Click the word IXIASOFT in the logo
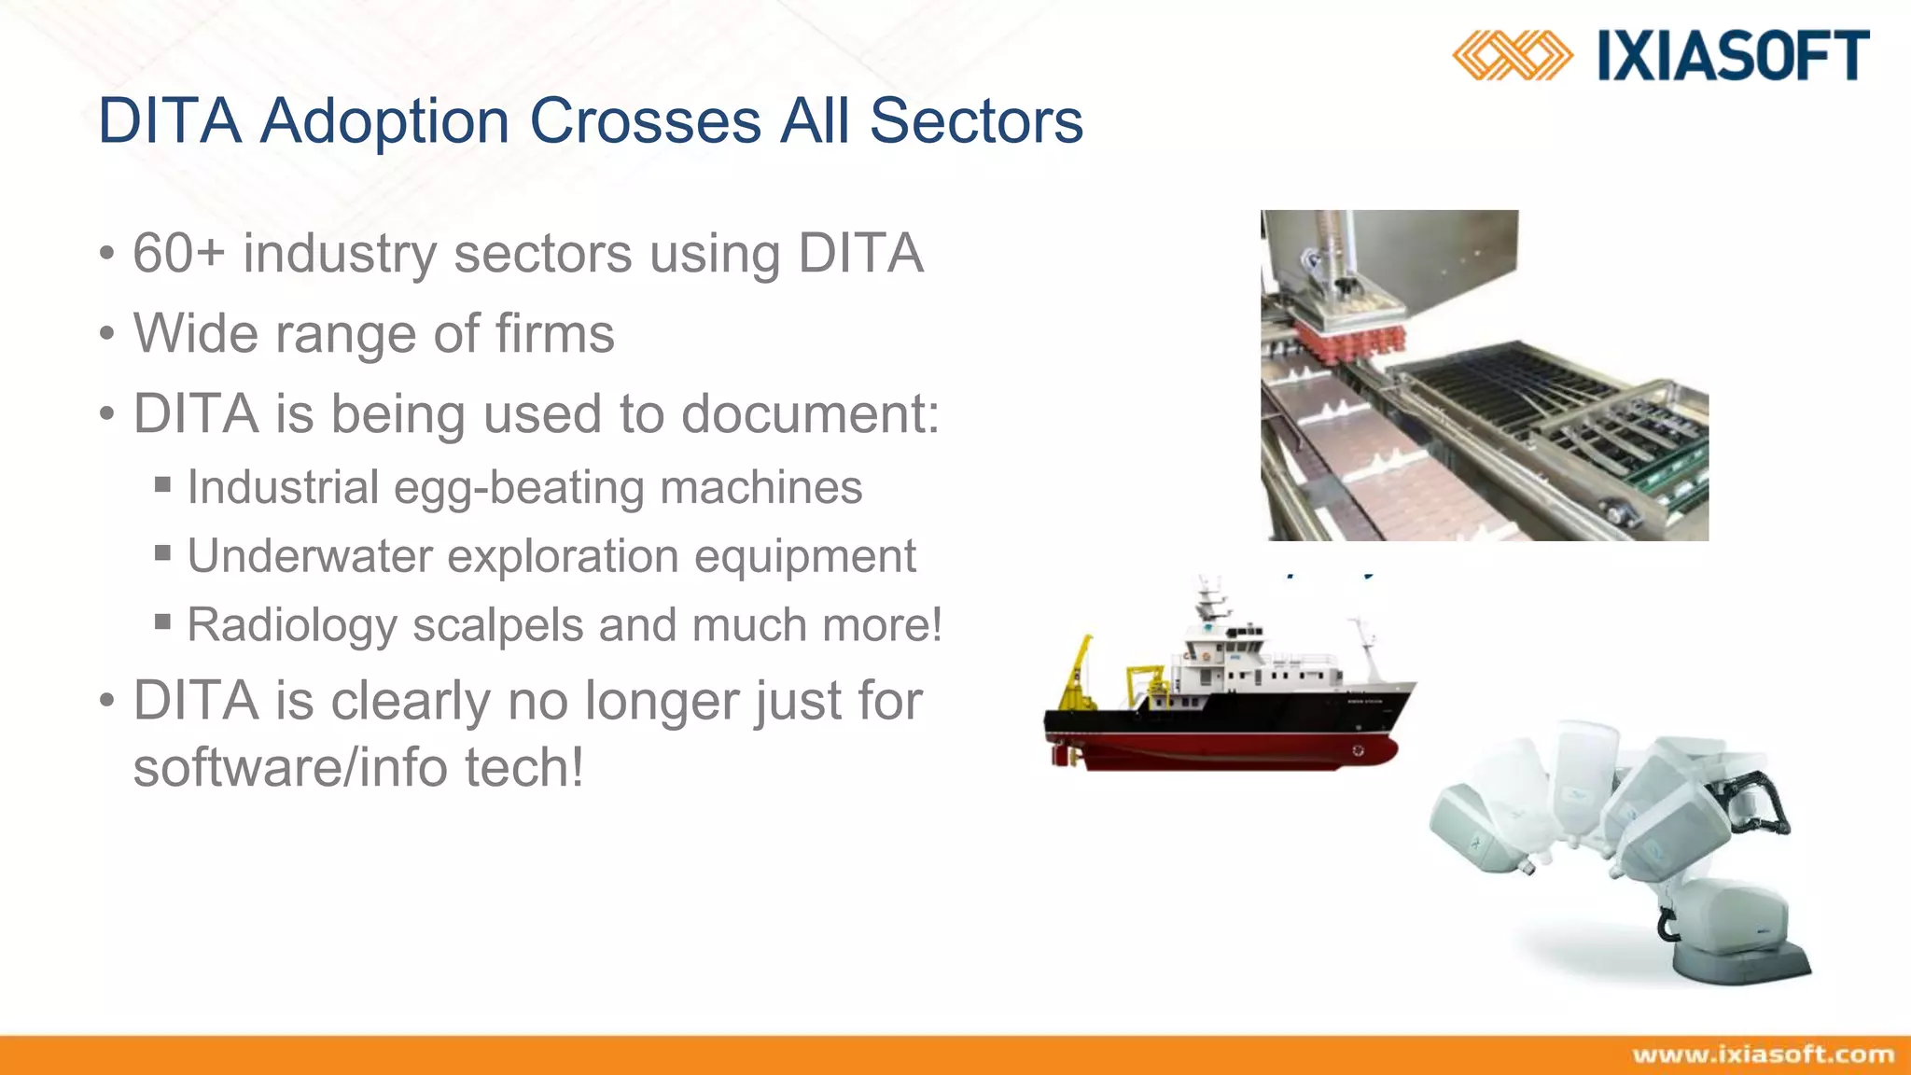1733,56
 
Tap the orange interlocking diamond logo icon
1512,56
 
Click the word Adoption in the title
384,121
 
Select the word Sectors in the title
976,121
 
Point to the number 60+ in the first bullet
178,253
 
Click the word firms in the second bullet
554,333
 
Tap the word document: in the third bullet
810,413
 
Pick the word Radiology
292,625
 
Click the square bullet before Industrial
163,484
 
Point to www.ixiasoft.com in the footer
1763,1054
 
